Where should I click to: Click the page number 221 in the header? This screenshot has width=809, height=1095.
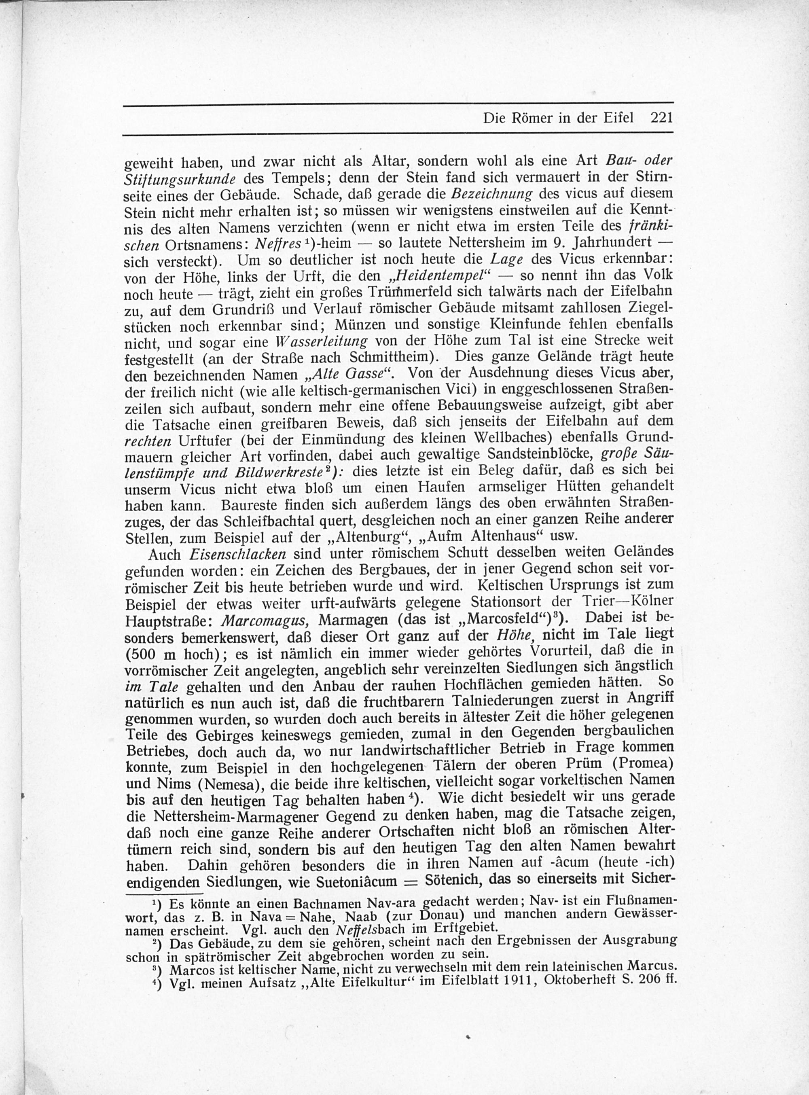click(x=661, y=118)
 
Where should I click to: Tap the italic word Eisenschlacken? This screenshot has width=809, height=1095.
click(x=237, y=554)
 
